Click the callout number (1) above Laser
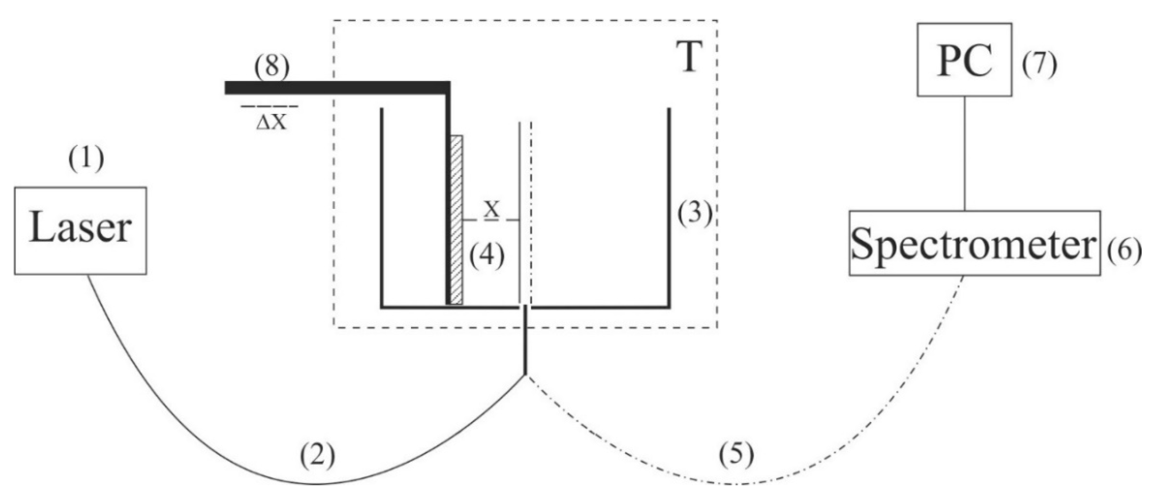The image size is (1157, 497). (x=86, y=160)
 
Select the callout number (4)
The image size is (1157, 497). (x=487, y=257)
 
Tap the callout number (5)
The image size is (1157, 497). (x=737, y=457)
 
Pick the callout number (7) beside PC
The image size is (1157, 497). (x=1040, y=66)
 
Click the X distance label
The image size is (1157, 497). (x=492, y=210)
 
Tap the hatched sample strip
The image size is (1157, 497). (x=457, y=220)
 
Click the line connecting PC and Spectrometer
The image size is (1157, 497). (x=965, y=153)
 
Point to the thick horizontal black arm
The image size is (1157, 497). (x=337, y=87)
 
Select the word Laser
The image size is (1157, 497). (x=80, y=230)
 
